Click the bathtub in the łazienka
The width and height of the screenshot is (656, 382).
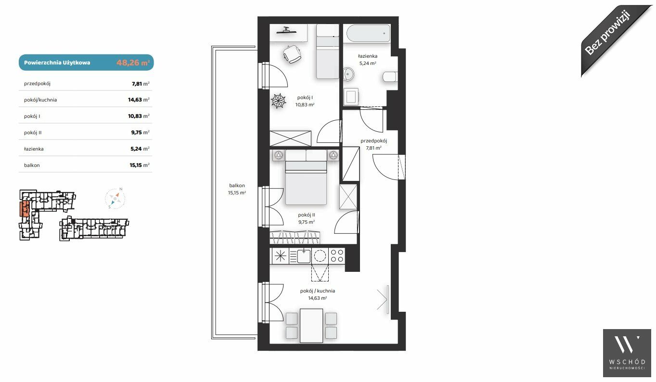(x=367, y=33)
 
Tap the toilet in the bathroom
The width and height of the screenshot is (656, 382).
(x=390, y=76)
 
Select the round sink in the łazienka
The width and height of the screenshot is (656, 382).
(x=348, y=75)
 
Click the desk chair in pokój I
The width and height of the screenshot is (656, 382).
(x=292, y=54)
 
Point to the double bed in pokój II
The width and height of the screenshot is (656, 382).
(x=306, y=177)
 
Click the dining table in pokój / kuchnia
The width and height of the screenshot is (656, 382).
(x=311, y=326)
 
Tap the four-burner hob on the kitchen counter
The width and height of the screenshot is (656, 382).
(x=337, y=255)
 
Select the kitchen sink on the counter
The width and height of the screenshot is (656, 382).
(x=303, y=256)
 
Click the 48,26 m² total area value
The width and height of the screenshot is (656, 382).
(x=133, y=63)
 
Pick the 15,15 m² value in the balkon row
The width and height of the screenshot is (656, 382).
(x=140, y=165)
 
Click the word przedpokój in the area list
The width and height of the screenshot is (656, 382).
(x=37, y=84)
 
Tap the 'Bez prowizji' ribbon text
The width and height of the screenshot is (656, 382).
(x=607, y=36)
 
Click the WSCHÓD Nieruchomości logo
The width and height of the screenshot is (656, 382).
(x=627, y=353)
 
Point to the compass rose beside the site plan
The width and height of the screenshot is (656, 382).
(x=115, y=199)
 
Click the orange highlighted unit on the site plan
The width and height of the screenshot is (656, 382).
(x=25, y=208)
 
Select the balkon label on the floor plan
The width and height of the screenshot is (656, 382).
(x=237, y=186)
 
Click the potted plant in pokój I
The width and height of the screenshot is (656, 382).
(x=278, y=101)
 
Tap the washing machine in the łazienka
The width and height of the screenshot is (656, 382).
(x=351, y=97)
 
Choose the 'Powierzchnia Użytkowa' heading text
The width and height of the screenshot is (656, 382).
(x=57, y=63)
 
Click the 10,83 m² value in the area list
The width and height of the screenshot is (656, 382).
(x=139, y=116)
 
